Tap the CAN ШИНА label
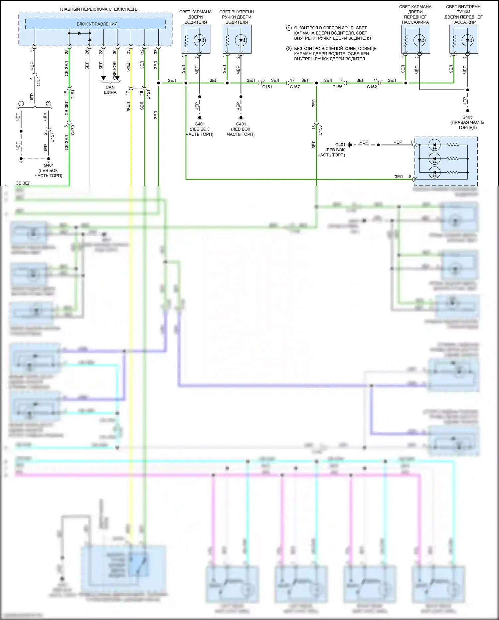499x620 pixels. (x=110, y=90)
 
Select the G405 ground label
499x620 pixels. (x=467, y=117)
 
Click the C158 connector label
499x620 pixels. (x=320, y=130)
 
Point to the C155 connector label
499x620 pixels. (x=337, y=87)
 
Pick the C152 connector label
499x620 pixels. (x=372, y=87)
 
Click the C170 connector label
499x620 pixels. (x=73, y=130)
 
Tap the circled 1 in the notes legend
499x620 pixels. (x=289, y=28)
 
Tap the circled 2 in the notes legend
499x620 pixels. (x=289, y=49)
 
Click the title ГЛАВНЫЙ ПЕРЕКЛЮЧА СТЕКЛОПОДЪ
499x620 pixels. (x=98, y=9)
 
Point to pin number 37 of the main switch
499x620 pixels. (x=156, y=52)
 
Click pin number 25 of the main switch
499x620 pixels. (x=67, y=52)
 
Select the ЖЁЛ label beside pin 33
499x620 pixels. (x=128, y=66)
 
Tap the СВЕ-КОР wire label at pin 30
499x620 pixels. (x=115, y=70)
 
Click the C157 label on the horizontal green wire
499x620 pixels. (x=295, y=87)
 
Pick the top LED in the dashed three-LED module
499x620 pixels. (x=434, y=145)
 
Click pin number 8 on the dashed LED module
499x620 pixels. (x=410, y=177)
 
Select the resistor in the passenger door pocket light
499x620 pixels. (x=406, y=40)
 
